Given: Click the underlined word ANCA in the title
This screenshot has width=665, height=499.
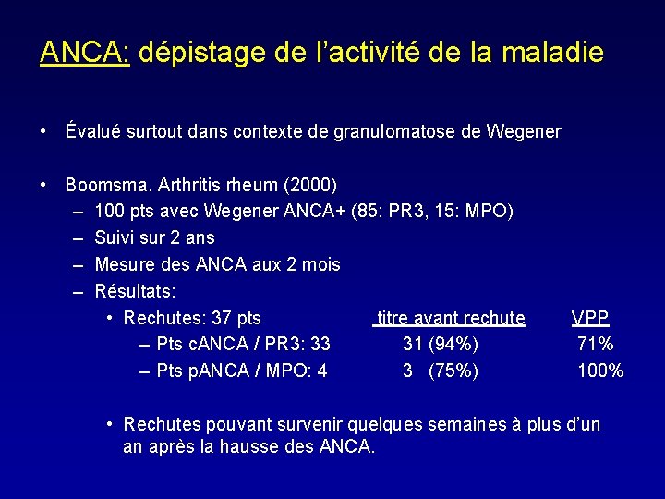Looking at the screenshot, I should [84, 52].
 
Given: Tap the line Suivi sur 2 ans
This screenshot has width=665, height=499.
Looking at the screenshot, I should [154, 237].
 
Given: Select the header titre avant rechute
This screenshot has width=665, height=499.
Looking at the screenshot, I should [451, 318].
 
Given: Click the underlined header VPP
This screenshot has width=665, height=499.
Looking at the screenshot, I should [590, 318].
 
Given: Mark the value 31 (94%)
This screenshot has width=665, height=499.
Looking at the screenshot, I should [441, 345].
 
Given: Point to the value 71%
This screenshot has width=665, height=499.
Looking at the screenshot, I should [595, 345].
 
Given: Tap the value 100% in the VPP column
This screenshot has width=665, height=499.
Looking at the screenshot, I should [600, 371].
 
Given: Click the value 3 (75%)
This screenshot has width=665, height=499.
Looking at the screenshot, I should [441, 371].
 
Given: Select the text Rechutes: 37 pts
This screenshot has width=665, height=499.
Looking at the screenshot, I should [192, 318].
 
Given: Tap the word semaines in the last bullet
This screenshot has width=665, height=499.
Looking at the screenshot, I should [456, 424].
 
